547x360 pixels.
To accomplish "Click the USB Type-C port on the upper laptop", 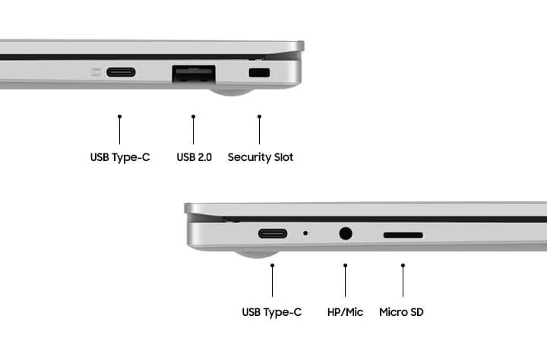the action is [x=121, y=72].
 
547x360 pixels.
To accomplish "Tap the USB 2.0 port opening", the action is [x=194, y=74].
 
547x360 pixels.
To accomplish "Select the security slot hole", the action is [x=259, y=73].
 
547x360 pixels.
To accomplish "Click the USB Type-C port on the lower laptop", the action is [x=273, y=233].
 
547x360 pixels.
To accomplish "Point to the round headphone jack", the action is [x=346, y=233].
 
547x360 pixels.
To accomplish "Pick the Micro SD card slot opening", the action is [x=403, y=235].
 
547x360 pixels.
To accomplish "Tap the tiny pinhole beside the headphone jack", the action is [x=305, y=233].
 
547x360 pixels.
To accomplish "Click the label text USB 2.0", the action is [x=194, y=157].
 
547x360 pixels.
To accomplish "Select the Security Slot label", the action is [x=261, y=157].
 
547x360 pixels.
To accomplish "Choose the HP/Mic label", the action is [x=345, y=312].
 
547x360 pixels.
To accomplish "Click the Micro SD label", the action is [x=401, y=312].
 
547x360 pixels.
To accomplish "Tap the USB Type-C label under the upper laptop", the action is [x=120, y=158].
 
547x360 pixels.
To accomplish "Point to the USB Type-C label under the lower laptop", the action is [x=272, y=312].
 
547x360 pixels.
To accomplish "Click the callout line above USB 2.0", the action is [x=193, y=130].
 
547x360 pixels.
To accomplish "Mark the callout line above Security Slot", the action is [x=259, y=130].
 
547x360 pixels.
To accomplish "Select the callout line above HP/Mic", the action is [x=346, y=280].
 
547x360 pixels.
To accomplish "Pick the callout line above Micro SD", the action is [x=403, y=280].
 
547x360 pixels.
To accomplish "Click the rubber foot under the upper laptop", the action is [x=231, y=91].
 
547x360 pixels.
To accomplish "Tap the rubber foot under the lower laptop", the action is [x=257, y=254].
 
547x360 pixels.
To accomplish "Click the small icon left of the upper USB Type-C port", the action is [x=96, y=72].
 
